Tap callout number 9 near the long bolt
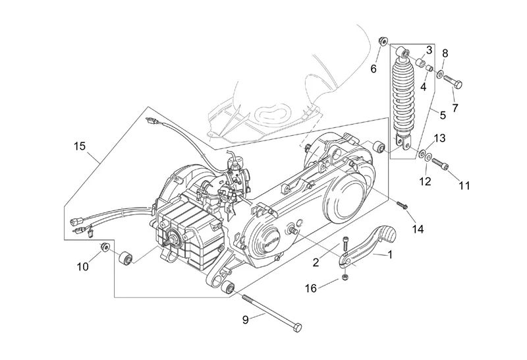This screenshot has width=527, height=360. [x=244, y=320]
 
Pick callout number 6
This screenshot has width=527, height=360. [x=372, y=68]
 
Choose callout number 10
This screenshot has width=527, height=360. [x=82, y=266]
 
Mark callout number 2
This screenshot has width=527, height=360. [x=316, y=262]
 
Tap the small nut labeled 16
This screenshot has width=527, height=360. [x=345, y=279]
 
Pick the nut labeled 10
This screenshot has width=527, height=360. [x=103, y=247]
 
